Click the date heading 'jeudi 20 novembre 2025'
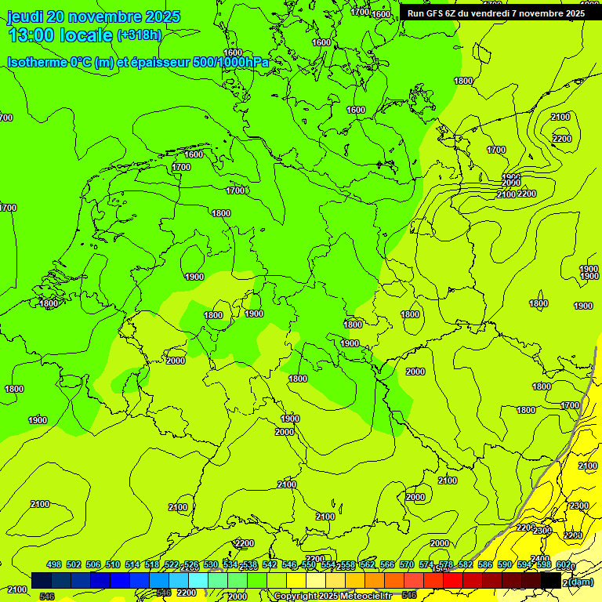93,16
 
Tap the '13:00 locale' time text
60,35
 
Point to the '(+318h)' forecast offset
139,35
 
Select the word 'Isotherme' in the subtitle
36,63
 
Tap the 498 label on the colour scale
54,564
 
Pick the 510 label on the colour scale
113,564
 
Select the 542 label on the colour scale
270,564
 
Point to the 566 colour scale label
387,564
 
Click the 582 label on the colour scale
466,564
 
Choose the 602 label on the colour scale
564,564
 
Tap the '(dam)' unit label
580,582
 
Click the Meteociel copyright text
332,596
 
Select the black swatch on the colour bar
551,580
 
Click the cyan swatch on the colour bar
198,580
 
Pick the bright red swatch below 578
453,580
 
